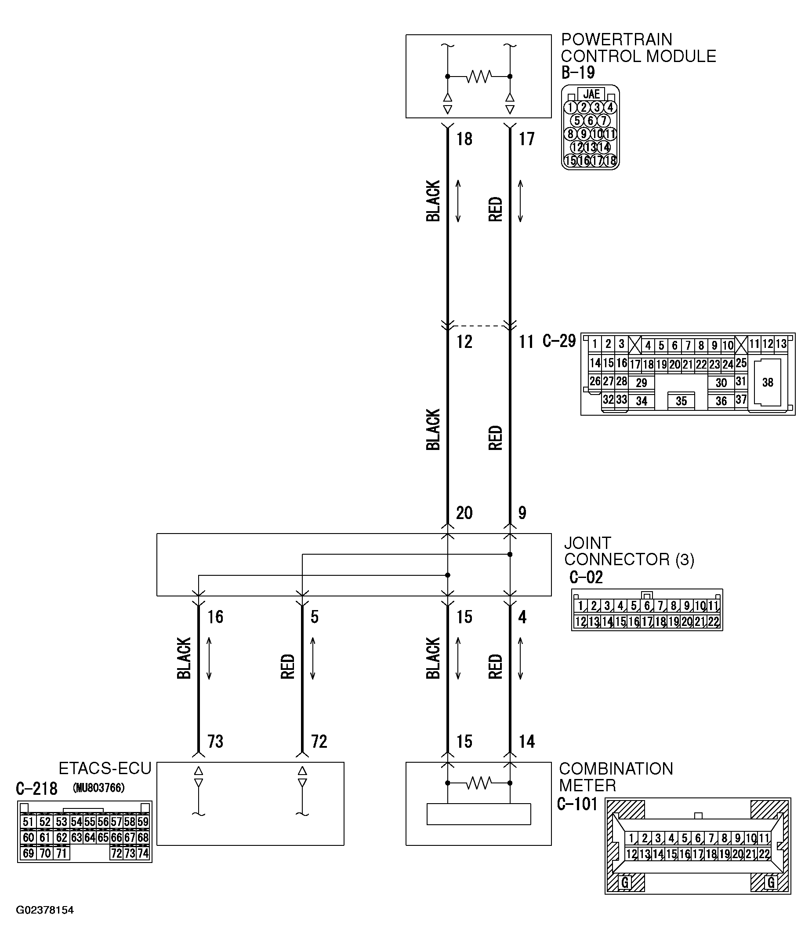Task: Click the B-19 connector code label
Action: point(578,73)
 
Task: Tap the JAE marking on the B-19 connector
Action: point(591,94)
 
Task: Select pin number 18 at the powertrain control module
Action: point(464,139)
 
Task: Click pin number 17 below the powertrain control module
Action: point(526,139)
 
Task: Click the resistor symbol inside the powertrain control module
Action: point(478,77)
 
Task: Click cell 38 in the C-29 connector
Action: point(767,383)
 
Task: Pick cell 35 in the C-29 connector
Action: point(681,401)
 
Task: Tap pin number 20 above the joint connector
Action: point(464,513)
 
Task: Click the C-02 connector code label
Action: point(586,578)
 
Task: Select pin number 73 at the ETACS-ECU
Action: point(215,741)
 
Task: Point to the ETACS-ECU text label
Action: point(105,768)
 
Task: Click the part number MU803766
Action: point(99,788)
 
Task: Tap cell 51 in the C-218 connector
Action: point(28,822)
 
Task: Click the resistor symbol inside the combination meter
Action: point(478,783)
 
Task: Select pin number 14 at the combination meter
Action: point(526,741)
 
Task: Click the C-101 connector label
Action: point(577,804)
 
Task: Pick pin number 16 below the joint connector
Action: point(215,617)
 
